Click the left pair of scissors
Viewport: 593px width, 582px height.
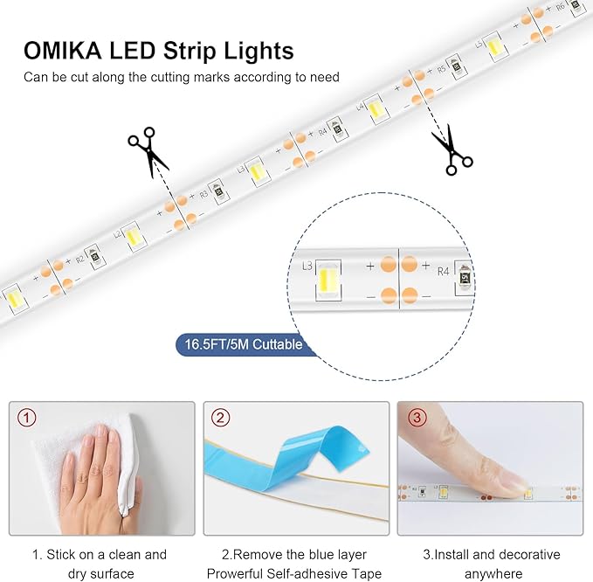[147, 149]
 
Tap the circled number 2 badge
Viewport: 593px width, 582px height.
[220, 418]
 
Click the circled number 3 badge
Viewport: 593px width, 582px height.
[416, 418]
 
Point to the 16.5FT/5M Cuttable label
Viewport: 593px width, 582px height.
[241, 344]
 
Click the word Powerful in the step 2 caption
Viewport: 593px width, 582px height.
[234, 573]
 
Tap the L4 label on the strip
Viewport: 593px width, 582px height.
[360, 107]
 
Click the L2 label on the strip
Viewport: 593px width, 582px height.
[118, 234]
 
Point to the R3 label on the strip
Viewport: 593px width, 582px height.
[203, 195]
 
